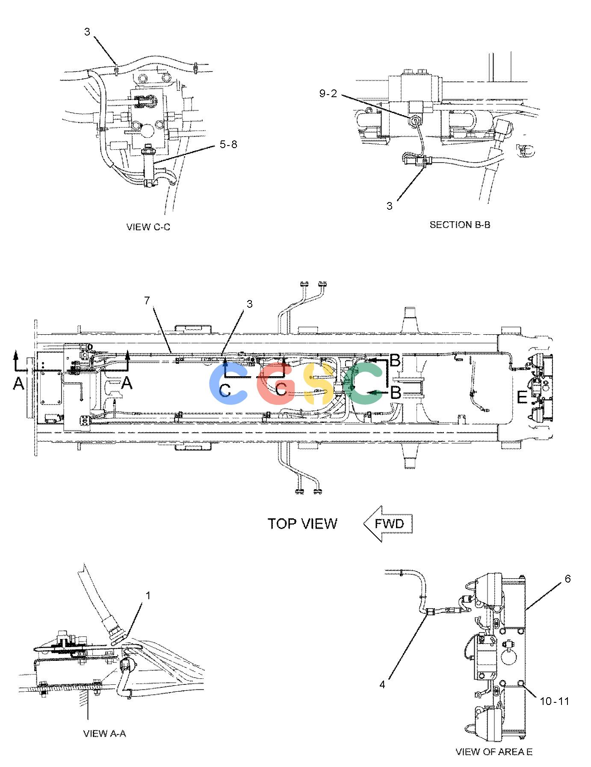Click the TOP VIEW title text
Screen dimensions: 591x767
pos(302,524)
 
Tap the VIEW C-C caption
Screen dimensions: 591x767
pos(148,227)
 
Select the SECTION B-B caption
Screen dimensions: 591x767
pos(460,225)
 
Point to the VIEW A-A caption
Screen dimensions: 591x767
pos(104,734)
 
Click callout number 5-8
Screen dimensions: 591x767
pos(228,145)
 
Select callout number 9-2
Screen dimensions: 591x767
pos(328,94)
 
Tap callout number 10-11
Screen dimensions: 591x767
pos(555,701)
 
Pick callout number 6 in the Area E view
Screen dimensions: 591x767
pos(567,579)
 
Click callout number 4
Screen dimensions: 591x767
pos(382,685)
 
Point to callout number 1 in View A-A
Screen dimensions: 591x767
pos(148,595)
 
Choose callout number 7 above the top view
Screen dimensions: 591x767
pos(147,300)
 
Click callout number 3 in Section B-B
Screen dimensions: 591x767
pos(389,206)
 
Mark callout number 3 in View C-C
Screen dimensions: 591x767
pos(87,32)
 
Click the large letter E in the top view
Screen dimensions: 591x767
pos(522,398)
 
